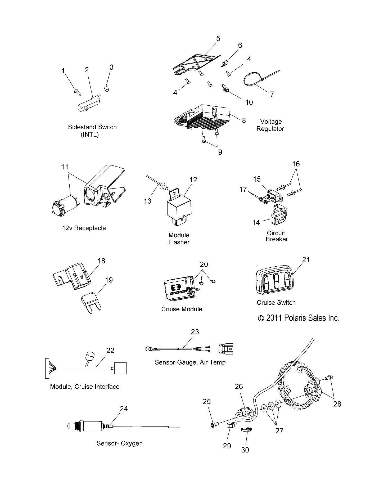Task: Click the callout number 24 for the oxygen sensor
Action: click(124, 409)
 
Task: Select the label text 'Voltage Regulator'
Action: click(270, 125)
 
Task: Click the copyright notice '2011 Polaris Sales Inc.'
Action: click(299, 318)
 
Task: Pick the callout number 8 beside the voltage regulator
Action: click(244, 120)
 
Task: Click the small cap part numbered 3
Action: click(107, 88)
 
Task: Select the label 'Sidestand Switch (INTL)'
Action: click(92, 131)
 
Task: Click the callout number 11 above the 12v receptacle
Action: click(65, 167)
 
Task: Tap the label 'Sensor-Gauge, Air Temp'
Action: click(190, 362)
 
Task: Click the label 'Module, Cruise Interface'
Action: click(85, 387)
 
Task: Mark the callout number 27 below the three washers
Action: click(279, 431)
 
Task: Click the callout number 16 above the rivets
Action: click(296, 164)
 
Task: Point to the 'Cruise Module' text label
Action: click(182, 309)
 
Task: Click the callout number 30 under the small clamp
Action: click(245, 450)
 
